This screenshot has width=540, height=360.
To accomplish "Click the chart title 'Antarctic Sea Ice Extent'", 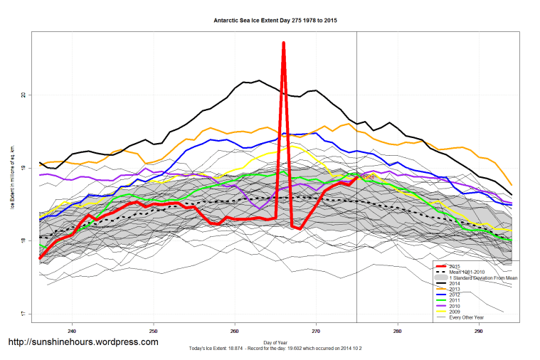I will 275,21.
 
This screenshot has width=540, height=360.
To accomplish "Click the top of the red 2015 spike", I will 284,43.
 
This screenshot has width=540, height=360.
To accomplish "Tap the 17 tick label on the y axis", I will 23,314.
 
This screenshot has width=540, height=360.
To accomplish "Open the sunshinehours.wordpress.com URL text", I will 83,342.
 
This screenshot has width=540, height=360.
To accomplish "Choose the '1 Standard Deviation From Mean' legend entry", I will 484,277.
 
